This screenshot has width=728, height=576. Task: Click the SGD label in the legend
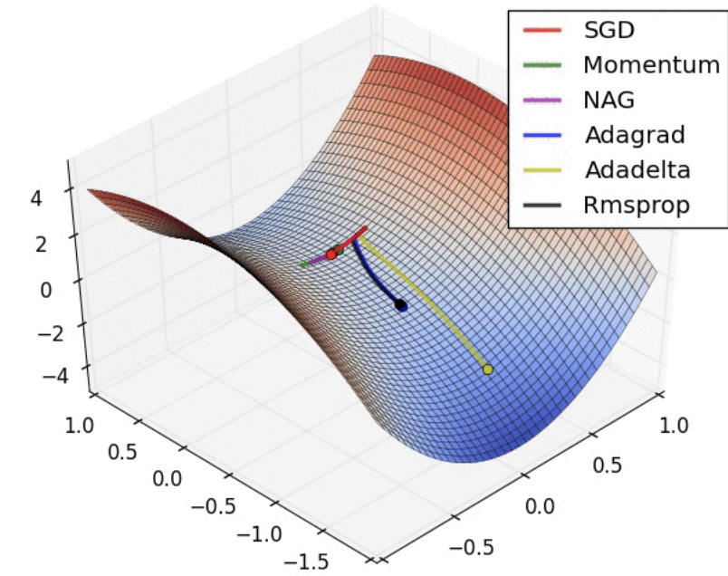(x=609, y=30)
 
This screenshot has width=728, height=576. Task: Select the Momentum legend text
(x=651, y=65)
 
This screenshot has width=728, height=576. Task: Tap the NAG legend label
(x=609, y=100)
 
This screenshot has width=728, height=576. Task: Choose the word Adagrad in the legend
(x=635, y=135)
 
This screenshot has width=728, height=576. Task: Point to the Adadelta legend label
(x=637, y=170)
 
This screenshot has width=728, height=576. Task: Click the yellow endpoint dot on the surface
(x=488, y=369)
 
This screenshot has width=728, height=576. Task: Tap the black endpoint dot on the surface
(x=401, y=306)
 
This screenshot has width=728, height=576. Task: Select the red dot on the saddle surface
(x=331, y=254)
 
